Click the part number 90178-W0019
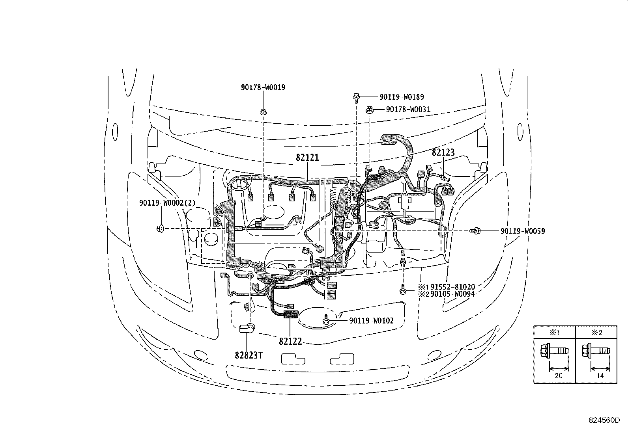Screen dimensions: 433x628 [x=263, y=87]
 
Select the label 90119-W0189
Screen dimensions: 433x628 [x=402, y=97]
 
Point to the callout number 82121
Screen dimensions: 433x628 [x=307, y=158]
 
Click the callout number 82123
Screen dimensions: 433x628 [x=443, y=152]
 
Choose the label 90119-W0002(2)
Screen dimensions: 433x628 [x=167, y=203]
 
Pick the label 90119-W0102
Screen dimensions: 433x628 [x=371, y=321]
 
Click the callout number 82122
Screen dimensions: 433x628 [x=290, y=342]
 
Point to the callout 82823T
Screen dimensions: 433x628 [x=249, y=355]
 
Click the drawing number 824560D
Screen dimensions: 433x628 [x=604, y=420]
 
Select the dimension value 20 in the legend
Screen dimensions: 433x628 [x=558, y=376]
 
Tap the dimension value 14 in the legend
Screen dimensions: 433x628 [x=600, y=376]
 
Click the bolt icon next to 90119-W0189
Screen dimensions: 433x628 [x=356, y=97]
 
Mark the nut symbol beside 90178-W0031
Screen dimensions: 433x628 [x=370, y=110]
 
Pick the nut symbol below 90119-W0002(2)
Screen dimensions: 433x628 [x=161, y=228]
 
